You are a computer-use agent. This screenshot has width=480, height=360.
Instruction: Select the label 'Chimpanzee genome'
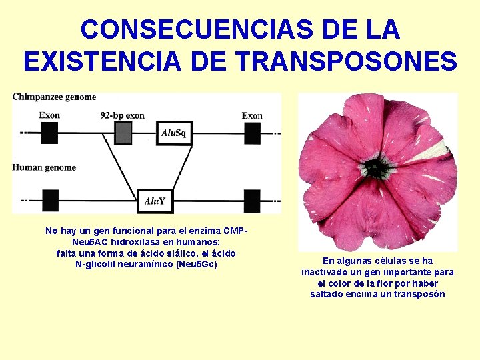(54, 97)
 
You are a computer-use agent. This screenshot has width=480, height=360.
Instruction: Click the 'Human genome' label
(44, 167)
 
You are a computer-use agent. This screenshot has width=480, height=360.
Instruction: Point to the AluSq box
(175, 133)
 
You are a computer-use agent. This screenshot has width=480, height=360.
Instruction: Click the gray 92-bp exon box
(123, 133)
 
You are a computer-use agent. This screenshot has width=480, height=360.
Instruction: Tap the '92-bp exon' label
(122, 115)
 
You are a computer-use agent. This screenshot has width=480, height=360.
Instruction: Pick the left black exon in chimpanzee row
(50, 133)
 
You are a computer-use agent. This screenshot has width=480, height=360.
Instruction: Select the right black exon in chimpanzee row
(252, 133)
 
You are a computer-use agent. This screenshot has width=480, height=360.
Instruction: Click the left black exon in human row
(50, 200)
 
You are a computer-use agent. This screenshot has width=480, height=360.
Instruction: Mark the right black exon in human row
(252, 200)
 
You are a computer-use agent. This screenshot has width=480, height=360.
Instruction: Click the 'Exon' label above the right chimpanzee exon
(252, 115)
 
